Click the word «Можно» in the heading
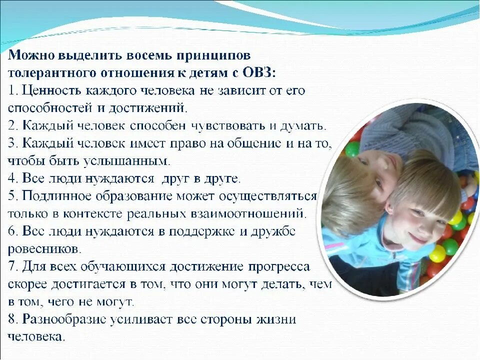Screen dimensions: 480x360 coord(31,55)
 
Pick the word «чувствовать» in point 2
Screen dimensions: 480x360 coord(228,126)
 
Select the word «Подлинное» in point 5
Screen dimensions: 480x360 coord(57,196)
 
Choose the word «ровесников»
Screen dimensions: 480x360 coord(44,249)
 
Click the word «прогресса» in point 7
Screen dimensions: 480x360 coord(279,267)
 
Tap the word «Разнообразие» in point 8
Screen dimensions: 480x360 coord(64,319)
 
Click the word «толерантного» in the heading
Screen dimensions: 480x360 coord(51,73)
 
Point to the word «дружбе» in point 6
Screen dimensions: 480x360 coord(273,231)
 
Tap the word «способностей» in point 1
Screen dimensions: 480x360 coord(50,108)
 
